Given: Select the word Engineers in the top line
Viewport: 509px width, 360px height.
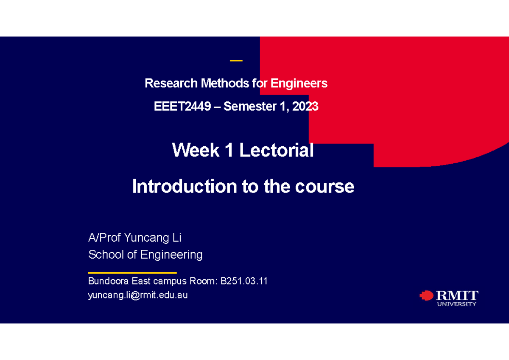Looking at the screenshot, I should [x=299, y=84].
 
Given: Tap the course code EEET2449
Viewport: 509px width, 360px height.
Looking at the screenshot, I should [x=182, y=106].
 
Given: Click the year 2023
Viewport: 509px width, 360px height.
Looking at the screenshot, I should [x=305, y=106].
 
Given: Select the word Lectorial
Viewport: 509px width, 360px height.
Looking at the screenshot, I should [x=276, y=151].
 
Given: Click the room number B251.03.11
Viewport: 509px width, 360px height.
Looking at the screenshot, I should [x=244, y=281].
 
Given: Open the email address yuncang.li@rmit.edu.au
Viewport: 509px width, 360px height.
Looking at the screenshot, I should [x=138, y=296].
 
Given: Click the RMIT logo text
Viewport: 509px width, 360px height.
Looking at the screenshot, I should [x=457, y=295].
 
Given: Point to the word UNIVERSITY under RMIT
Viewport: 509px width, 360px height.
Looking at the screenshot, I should [x=457, y=304].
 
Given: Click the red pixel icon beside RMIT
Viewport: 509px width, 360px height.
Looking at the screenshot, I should [x=426, y=296].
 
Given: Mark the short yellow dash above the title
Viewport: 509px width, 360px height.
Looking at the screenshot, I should [x=236, y=61].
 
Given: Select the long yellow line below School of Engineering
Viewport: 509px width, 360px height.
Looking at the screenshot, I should [x=132, y=273].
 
